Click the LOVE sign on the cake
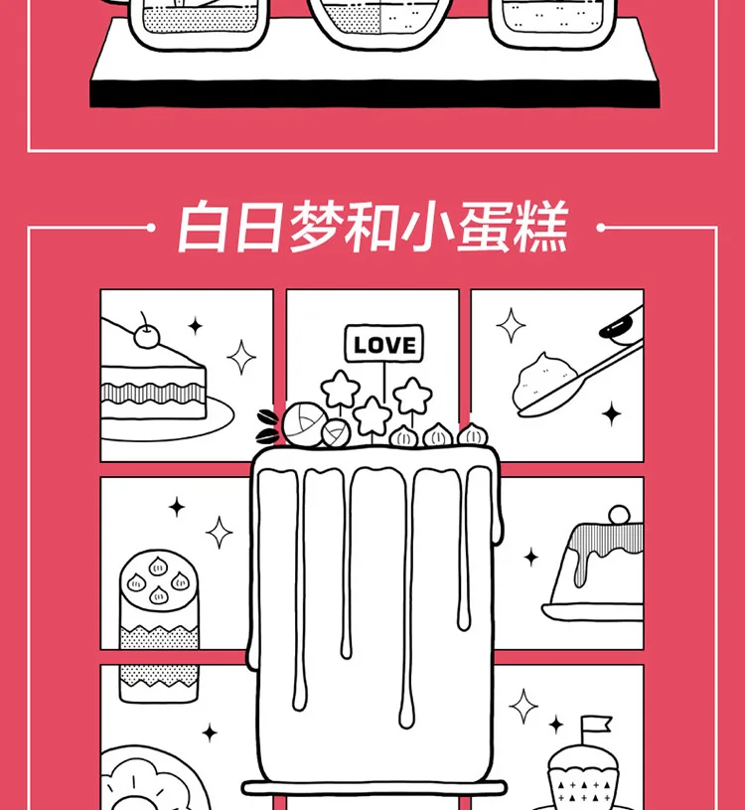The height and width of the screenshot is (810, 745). pyautogui.click(x=384, y=345)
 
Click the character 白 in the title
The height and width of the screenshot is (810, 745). pyautogui.click(x=199, y=231)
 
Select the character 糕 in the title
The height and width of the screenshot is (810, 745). pyautogui.click(x=541, y=231)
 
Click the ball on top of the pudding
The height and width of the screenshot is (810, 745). pyautogui.click(x=620, y=517)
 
